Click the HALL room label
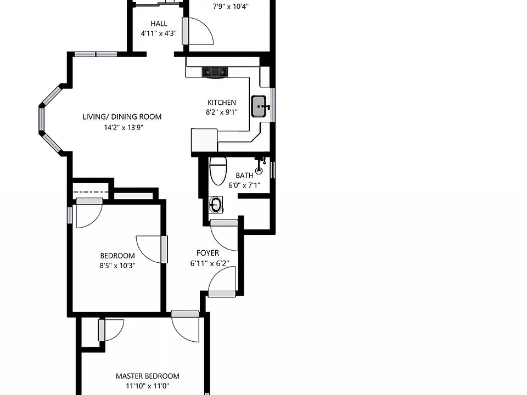159,24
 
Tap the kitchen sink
259,106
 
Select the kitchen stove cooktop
215,72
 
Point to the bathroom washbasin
216,205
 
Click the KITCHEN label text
221,103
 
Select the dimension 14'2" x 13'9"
124,127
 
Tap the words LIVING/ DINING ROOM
122,116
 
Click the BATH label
244,176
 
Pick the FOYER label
208,253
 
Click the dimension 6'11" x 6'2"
210,263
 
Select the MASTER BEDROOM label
148,376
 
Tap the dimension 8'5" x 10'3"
117,266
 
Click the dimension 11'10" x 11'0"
148,386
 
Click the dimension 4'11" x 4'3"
159,33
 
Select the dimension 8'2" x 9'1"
221,112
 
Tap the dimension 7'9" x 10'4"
231,7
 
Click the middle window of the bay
42,119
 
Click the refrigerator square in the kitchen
204,140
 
